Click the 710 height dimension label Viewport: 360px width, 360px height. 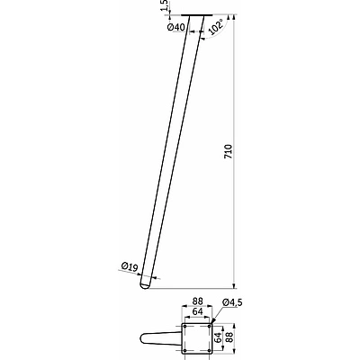(229, 152)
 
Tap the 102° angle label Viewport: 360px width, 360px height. (217, 27)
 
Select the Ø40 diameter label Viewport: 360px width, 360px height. (176, 27)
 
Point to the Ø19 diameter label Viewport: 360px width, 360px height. (129, 266)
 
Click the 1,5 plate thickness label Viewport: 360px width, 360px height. (165, 4)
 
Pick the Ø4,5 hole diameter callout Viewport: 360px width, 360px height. (232, 303)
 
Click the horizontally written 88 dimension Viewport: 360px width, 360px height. (198, 301)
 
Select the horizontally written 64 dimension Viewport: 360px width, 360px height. (197, 311)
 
